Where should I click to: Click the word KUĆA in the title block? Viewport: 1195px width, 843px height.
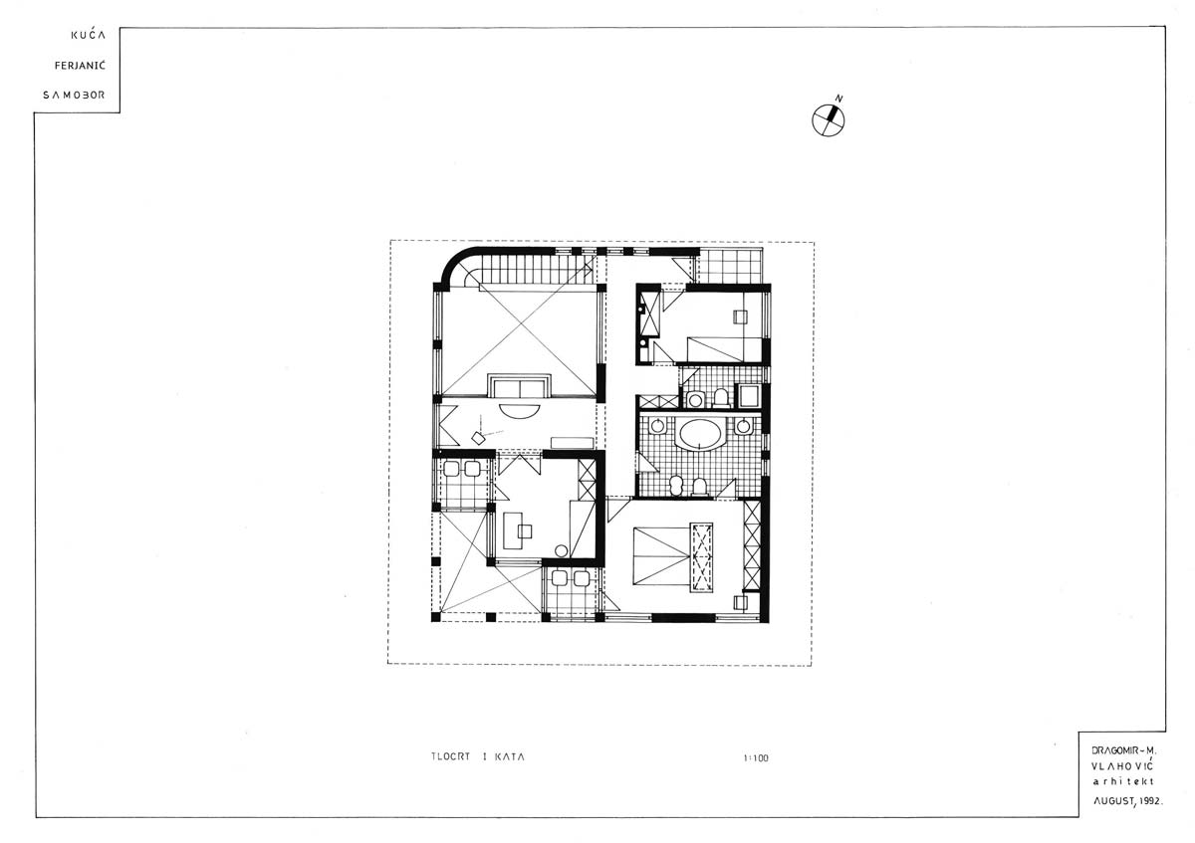point(88,35)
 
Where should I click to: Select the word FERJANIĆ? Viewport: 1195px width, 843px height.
point(80,66)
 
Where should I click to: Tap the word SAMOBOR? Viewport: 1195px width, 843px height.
point(74,96)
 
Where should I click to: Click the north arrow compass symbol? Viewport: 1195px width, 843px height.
point(829,118)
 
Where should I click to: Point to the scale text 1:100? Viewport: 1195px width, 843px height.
point(756,758)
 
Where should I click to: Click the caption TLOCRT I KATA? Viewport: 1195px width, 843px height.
point(478,756)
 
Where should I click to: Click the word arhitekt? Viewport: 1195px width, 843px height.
point(1123,781)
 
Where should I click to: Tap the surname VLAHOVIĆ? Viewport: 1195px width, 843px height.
point(1122,766)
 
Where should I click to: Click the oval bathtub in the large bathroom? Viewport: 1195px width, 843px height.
point(699,434)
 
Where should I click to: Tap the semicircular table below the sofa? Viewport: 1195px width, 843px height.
point(519,411)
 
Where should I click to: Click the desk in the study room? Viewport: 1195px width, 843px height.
point(513,530)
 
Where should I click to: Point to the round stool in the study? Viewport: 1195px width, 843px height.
point(561,550)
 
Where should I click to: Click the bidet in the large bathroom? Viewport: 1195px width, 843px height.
point(677,486)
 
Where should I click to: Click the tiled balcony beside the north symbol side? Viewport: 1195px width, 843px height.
point(730,265)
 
